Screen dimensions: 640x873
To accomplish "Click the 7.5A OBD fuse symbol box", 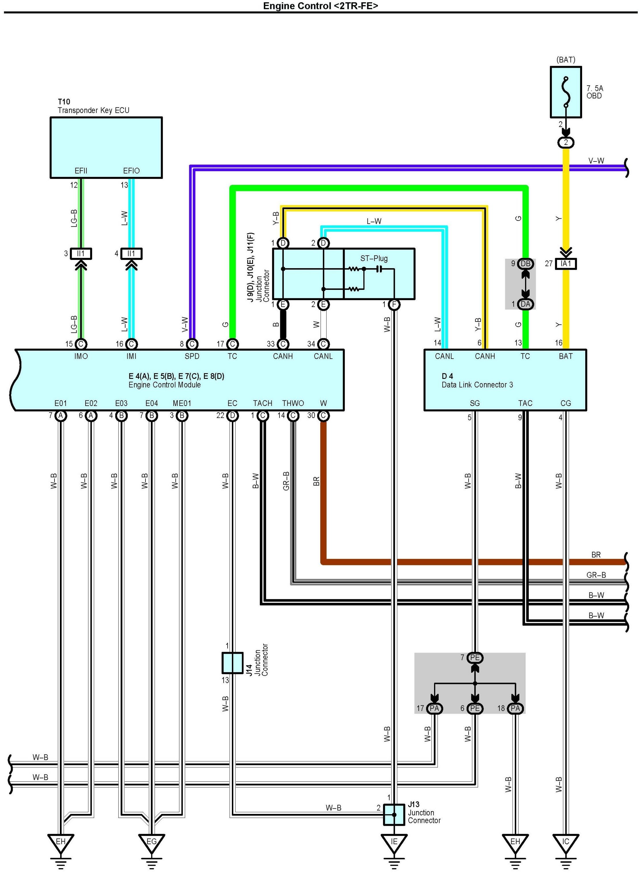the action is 566,92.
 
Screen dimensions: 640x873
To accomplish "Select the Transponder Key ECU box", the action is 106,147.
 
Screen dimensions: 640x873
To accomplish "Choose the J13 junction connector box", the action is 394,815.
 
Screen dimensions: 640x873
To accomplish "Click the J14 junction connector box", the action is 232,663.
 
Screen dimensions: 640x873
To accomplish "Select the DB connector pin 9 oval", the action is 525,264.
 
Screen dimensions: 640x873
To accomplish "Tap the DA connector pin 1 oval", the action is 525,304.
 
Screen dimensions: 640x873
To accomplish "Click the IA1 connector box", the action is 566,264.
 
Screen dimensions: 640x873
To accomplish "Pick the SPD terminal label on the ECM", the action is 192,356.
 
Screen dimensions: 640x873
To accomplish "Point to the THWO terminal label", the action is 293,403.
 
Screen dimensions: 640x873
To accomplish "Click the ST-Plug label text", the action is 374,258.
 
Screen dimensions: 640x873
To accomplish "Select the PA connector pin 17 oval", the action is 434,708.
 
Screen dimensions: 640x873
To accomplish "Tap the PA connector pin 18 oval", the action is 515,708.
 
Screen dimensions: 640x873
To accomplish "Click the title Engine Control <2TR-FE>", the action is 320,6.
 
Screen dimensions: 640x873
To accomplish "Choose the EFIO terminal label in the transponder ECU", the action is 131,171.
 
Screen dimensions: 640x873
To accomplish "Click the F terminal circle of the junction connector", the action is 394,305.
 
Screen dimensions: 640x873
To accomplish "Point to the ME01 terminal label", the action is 182,403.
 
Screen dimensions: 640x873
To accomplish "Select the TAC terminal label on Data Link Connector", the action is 525,403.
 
